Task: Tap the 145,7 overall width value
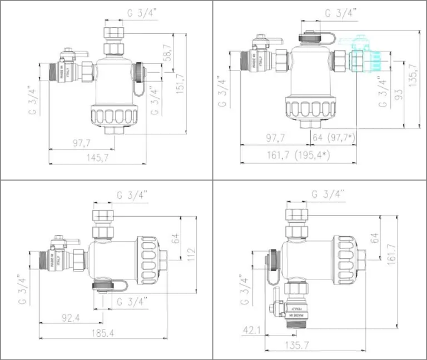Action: point(98,158)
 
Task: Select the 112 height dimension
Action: point(191,253)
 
